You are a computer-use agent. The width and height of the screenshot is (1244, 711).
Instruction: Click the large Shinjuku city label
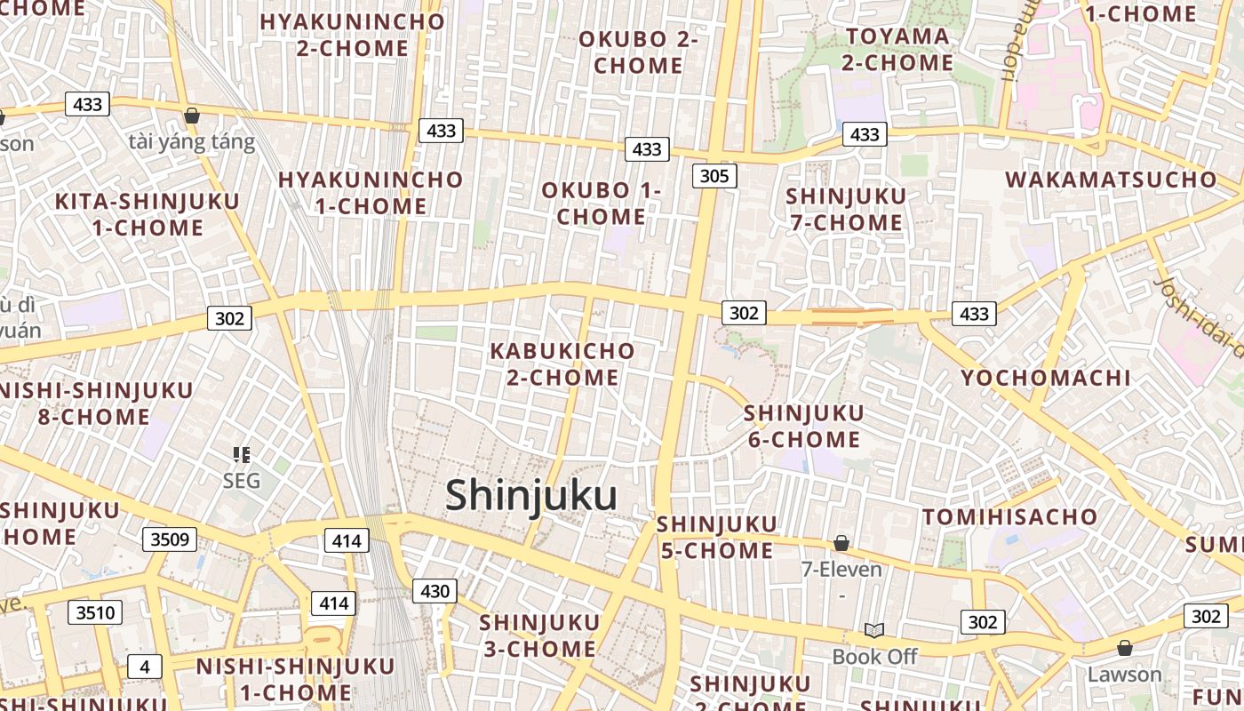pyautogui.click(x=531, y=494)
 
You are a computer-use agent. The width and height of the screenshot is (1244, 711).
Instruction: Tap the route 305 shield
pyautogui.click(x=714, y=176)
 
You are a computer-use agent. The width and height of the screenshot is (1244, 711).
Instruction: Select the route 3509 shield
pyautogui.click(x=169, y=539)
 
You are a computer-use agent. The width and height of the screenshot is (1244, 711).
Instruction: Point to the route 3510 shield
pyautogui.click(x=95, y=611)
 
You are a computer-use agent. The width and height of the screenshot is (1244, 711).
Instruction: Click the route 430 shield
pyautogui.click(x=435, y=591)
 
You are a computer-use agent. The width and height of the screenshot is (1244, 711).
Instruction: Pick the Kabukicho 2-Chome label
pyautogui.click(x=562, y=364)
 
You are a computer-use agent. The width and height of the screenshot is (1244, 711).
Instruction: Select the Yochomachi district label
pyautogui.click(x=1046, y=378)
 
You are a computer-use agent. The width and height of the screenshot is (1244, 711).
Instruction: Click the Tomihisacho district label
pyautogui.click(x=1009, y=516)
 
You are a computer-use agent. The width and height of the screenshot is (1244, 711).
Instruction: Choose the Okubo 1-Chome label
pyautogui.click(x=602, y=204)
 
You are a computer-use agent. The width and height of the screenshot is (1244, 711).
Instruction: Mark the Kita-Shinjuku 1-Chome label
pyautogui.click(x=148, y=214)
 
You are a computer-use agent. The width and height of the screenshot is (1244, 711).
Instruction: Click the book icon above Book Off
pyautogui.click(x=874, y=630)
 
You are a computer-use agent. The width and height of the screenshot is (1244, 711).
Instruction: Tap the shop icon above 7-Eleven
pyautogui.click(x=841, y=542)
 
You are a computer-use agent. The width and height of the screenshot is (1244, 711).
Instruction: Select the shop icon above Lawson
pyautogui.click(x=1124, y=648)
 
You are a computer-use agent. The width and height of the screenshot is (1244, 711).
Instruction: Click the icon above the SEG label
pyautogui.click(x=241, y=455)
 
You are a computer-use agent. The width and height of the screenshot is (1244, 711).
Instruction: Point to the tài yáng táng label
pyautogui.click(x=192, y=141)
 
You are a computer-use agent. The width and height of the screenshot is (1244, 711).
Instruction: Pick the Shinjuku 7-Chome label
pyautogui.click(x=847, y=209)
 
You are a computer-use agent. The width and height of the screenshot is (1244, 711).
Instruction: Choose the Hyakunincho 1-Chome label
pyautogui.click(x=371, y=193)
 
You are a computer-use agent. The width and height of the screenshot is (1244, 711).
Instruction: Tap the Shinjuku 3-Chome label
pyautogui.click(x=539, y=635)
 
